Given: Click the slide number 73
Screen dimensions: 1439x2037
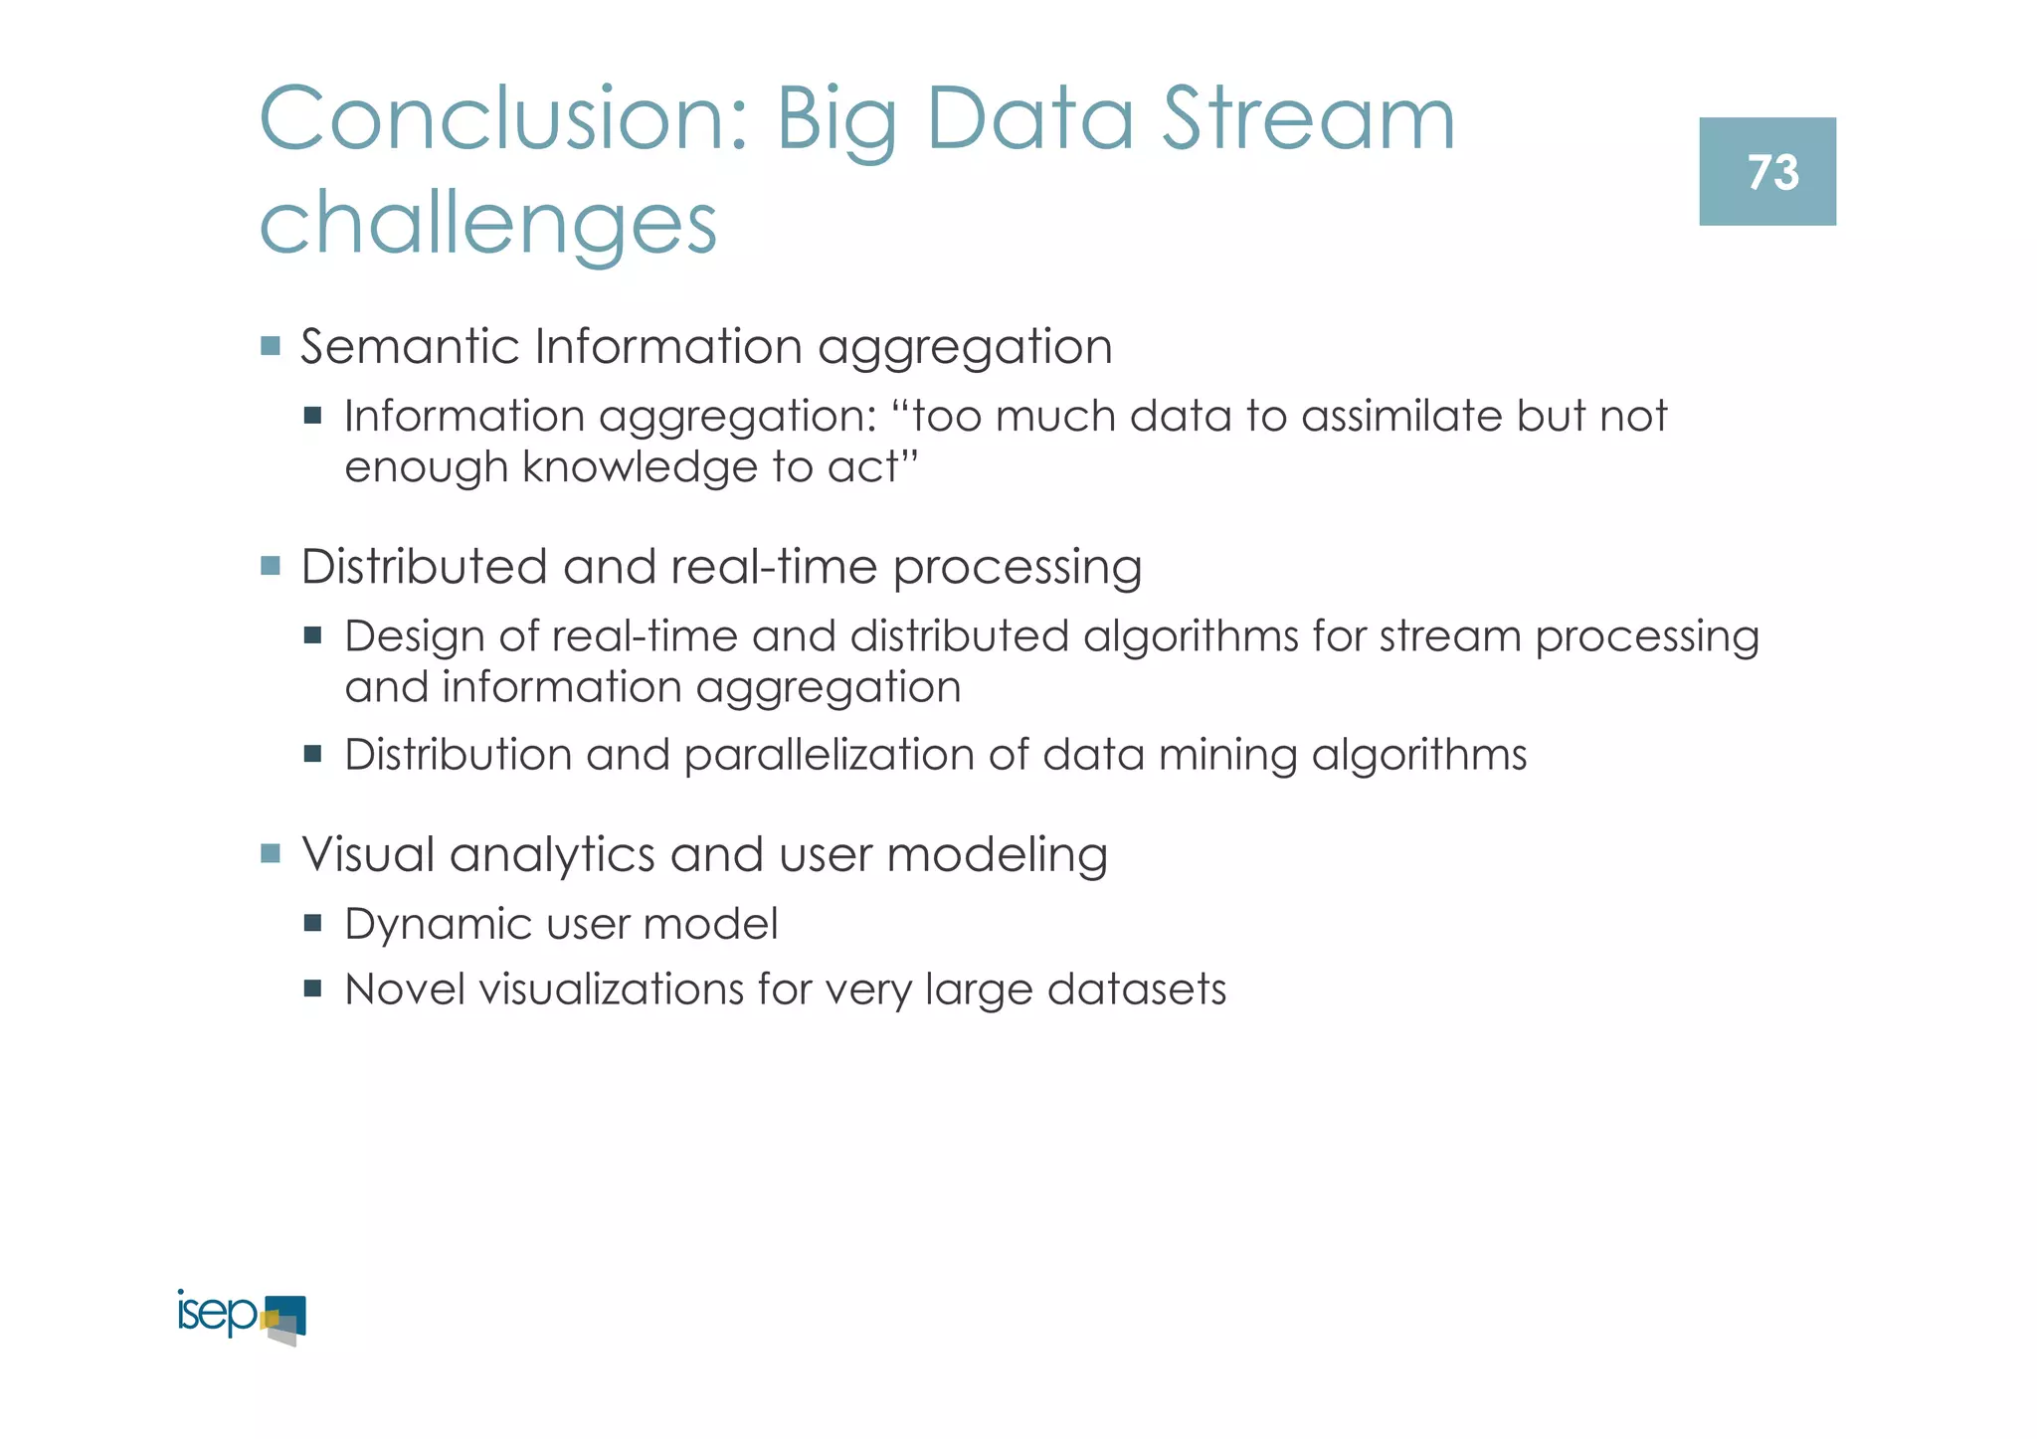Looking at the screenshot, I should coord(1772,173).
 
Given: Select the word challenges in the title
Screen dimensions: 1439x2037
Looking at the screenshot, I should coord(487,225).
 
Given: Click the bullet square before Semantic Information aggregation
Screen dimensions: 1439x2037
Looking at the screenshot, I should coord(271,346).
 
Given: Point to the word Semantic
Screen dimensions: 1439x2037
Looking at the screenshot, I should coord(409,347).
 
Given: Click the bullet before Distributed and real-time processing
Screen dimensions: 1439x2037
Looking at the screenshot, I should coord(271,566).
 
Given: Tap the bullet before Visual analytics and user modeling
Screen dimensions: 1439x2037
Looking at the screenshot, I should coord(271,853).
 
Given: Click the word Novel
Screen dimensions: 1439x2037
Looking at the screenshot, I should coord(405,989).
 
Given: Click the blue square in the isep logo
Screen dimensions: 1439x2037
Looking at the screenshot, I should coord(290,1311).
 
